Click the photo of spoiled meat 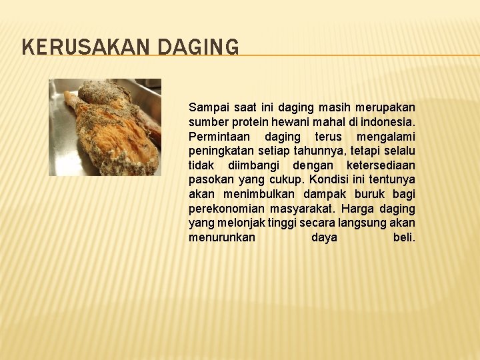[x=105, y=127]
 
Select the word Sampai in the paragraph [x=207, y=107]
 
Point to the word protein [x=254, y=122]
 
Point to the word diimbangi [x=253, y=165]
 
